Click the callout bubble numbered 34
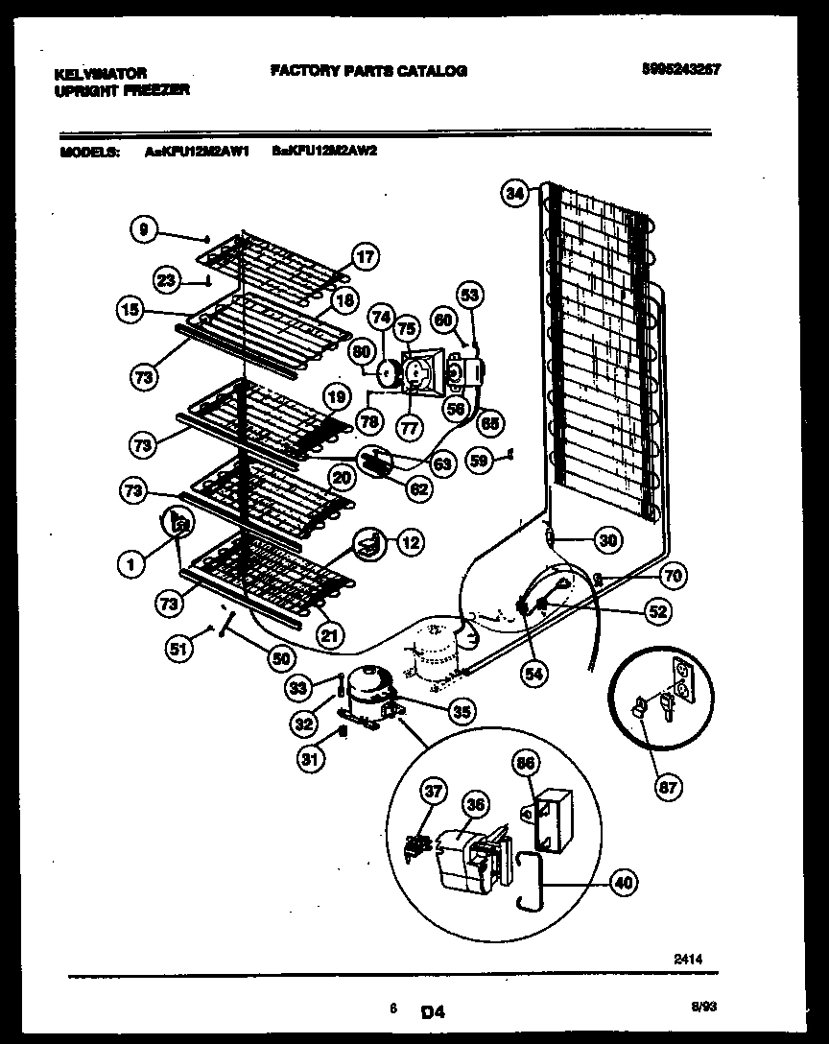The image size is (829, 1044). [x=516, y=194]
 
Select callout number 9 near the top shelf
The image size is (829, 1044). [x=143, y=229]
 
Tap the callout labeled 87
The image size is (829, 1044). [x=668, y=788]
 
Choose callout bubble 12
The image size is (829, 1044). [x=410, y=543]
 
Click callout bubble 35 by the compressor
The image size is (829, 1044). [x=462, y=711]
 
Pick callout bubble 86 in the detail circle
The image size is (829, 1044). [x=527, y=764]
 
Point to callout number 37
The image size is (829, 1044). [x=435, y=791]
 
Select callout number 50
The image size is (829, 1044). [x=279, y=659]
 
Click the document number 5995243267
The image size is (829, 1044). [x=681, y=69]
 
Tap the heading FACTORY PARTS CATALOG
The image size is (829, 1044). [x=368, y=71]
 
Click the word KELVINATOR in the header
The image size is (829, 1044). [x=100, y=73]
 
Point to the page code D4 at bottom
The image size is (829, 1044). [x=434, y=1010]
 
